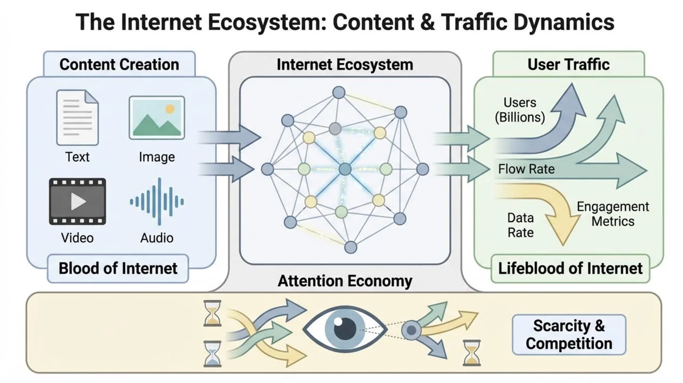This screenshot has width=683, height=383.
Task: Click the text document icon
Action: (77, 118)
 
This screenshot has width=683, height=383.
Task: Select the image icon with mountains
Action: (156, 118)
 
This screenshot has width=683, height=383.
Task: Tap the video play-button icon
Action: (77, 201)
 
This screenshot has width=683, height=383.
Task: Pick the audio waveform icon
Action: (157, 201)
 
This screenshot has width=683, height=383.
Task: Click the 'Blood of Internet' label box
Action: (118, 268)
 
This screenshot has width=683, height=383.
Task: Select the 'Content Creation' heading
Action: (119, 65)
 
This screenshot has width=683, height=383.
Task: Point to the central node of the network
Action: (345, 169)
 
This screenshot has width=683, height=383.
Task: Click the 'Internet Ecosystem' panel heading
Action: (345, 65)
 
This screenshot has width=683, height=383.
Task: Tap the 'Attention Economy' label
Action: (345, 281)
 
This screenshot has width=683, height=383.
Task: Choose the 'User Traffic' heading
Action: (568, 65)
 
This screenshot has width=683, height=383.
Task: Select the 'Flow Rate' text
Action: (526, 169)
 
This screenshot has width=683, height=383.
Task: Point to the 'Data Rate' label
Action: (520, 225)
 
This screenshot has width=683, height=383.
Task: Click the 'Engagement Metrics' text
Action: (613, 214)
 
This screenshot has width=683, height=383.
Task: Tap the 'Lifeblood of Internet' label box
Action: (570, 268)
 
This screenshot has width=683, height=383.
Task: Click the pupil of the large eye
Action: (345, 327)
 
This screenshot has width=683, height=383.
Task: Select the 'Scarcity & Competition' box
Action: (569, 335)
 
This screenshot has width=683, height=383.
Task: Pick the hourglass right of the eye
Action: (472, 353)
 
